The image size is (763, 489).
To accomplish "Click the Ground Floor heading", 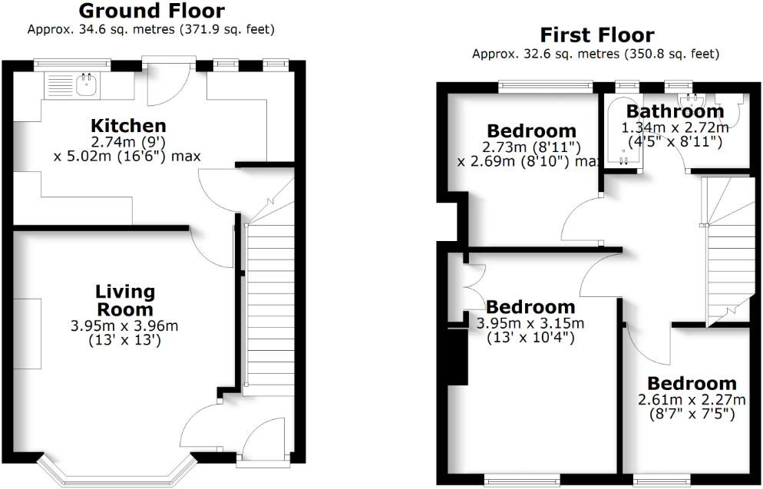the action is click(151, 12).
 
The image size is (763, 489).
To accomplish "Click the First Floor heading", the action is click(597, 35).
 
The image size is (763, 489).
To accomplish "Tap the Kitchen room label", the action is click(128, 126).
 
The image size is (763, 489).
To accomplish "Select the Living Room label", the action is click(125, 301).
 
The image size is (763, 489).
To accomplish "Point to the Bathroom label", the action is click(675, 111).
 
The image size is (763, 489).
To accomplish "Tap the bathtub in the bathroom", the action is click(623, 131).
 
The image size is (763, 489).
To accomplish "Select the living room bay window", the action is click(117, 471).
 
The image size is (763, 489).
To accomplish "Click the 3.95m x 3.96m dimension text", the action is click(124, 325).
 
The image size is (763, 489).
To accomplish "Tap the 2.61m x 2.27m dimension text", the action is click(692, 400).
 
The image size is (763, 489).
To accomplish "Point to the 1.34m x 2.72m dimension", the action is click(675, 128).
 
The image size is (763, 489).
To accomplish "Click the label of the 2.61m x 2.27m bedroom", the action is click(692, 383).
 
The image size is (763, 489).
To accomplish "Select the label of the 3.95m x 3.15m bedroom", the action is click(530, 307).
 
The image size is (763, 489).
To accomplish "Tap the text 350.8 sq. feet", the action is click(672, 54).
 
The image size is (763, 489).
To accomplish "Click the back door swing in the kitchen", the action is click(168, 84).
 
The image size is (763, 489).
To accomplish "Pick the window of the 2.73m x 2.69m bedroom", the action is click(546, 87).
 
